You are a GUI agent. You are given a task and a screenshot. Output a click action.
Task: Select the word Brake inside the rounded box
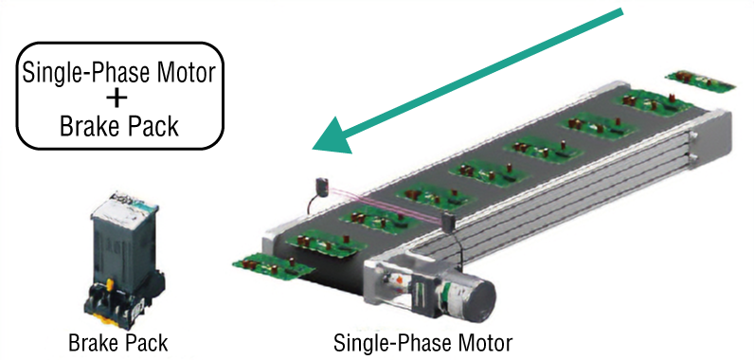[x=88, y=126]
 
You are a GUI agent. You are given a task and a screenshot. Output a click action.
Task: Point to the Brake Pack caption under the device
[x=117, y=343]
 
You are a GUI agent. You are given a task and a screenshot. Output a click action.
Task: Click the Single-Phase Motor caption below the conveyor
[x=422, y=343]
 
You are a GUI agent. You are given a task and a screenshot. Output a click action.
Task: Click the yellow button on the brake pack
[x=110, y=285]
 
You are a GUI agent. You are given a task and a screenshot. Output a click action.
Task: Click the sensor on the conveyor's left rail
[x=321, y=187]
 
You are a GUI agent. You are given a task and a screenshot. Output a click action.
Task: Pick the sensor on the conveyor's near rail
[x=449, y=223]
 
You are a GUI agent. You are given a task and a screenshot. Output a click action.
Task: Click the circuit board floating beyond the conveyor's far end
[x=701, y=81]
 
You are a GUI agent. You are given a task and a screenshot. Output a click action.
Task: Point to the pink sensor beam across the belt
[x=385, y=205]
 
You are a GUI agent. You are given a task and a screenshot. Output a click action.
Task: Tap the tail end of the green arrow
[x=622, y=12]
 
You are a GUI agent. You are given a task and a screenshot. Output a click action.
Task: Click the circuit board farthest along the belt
[x=652, y=102]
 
